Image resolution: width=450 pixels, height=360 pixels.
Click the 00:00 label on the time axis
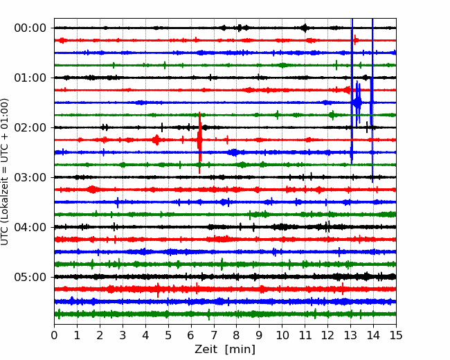pos(30,28)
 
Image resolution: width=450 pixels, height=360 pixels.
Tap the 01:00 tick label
pos(30,78)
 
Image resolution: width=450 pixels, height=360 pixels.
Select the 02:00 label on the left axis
pos(30,127)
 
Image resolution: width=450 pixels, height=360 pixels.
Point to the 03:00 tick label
pos(30,177)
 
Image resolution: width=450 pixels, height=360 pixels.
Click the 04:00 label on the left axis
pos(30,227)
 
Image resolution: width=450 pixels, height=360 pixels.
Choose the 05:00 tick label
pos(30,277)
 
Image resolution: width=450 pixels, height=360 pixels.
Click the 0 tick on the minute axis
pos(54,335)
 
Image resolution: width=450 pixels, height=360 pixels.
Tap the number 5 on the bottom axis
pos(168,335)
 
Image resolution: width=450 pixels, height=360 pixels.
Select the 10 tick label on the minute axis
pos(282,335)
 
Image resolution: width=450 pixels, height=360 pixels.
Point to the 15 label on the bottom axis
pos(396,335)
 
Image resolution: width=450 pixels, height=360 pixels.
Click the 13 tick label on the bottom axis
pos(350,335)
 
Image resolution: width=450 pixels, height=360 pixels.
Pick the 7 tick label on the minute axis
pos(214,335)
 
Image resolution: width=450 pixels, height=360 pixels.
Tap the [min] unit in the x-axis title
pos(240,350)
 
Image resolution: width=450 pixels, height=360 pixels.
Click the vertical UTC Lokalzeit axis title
pos(4,172)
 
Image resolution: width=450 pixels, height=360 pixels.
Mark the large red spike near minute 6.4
pos(199,143)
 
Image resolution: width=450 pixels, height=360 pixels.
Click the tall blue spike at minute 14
pos(372,100)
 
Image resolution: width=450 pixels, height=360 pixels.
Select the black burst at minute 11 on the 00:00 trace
pos(305,28)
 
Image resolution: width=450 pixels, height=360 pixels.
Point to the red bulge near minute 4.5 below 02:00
pos(156,140)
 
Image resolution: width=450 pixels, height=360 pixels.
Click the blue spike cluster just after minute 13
pos(358,102)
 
